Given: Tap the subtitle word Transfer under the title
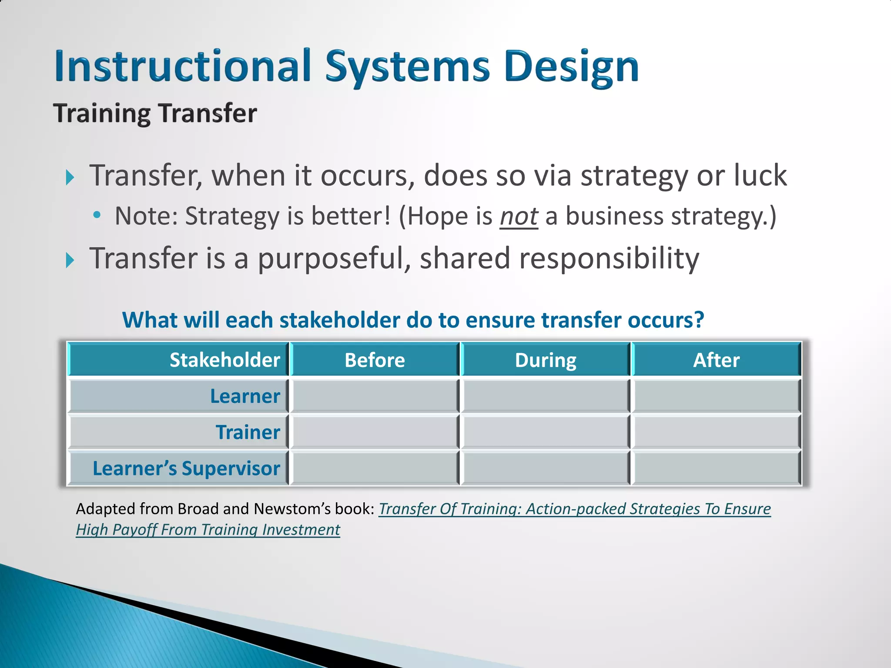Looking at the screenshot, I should click(x=208, y=114).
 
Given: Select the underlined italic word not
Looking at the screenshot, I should click(x=519, y=216).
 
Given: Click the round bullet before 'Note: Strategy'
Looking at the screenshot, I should click(x=97, y=215).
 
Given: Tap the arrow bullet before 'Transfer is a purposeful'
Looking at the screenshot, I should click(x=70, y=260).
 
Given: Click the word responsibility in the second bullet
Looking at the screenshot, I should click(x=609, y=258).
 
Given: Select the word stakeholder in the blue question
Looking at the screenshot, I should click(x=339, y=321).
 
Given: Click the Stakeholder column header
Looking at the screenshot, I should click(x=224, y=360).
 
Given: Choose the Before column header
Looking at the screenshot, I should click(x=375, y=360).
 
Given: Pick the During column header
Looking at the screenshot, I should click(x=546, y=360).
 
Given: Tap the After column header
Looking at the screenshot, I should click(x=716, y=360).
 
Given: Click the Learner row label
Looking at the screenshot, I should click(x=245, y=396).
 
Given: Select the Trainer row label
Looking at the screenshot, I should click(x=248, y=432).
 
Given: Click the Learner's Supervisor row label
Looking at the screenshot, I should click(x=186, y=468).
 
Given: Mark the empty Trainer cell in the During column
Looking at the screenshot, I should click(x=546, y=432).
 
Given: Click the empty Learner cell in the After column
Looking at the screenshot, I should click(x=716, y=396).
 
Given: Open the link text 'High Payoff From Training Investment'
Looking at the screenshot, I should click(x=208, y=530).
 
